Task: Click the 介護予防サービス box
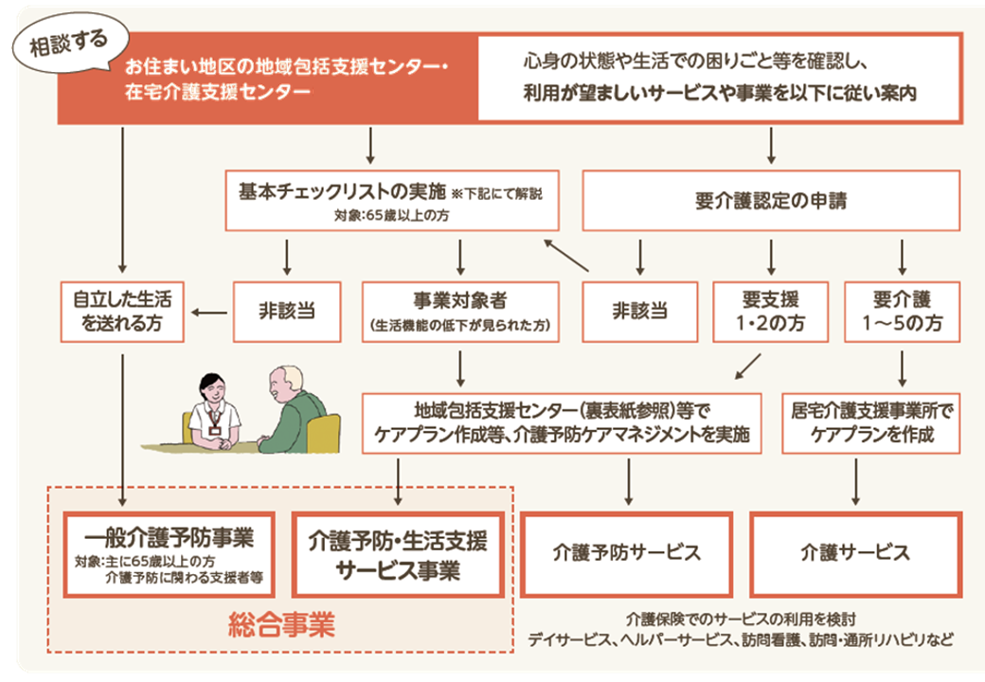coord(627,553)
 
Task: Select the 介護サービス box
coord(855,553)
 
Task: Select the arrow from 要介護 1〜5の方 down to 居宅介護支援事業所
coord(901,366)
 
